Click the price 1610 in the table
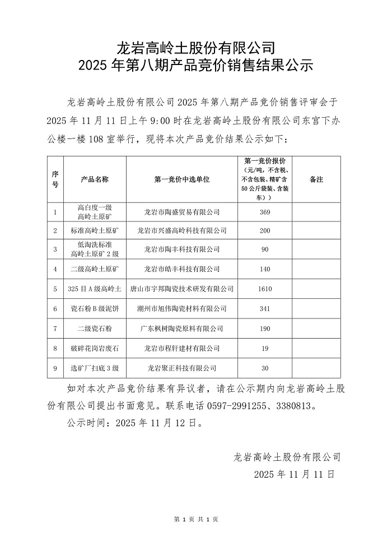pyautogui.click(x=265, y=289)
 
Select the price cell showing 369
pyautogui.click(x=265, y=212)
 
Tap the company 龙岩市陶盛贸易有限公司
pyautogui.click(x=182, y=212)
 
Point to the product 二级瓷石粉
pyautogui.click(x=95, y=329)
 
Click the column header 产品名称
pyautogui.click(x=95, y=179)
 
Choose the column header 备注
pyautogui.click(x=316, y=179)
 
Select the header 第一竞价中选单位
pyautogui.click(x=182, y=179)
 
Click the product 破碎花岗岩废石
pyautogui.click(x=95, y=348)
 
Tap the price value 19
pyautogui.click(x=265, y=348)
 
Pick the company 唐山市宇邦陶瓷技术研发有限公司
pyautogui.click(x=182, y=289)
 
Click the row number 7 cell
pyautogui.click(x=55, y=329)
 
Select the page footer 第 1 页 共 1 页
pyautogui.click(x=196, y=520)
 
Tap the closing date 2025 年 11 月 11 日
pyautogui.click(x=294, y=474)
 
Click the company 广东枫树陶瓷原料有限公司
pyautogui.click(x=182, y=329)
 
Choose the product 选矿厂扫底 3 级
pyautogui.click(x=95, y=368)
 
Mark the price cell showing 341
pyautogui.click(x=265, y=309)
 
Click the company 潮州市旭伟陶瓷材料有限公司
pyautogui.click(x=182, y=309)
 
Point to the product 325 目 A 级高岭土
pyautogui.click(x=95, y=289)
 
